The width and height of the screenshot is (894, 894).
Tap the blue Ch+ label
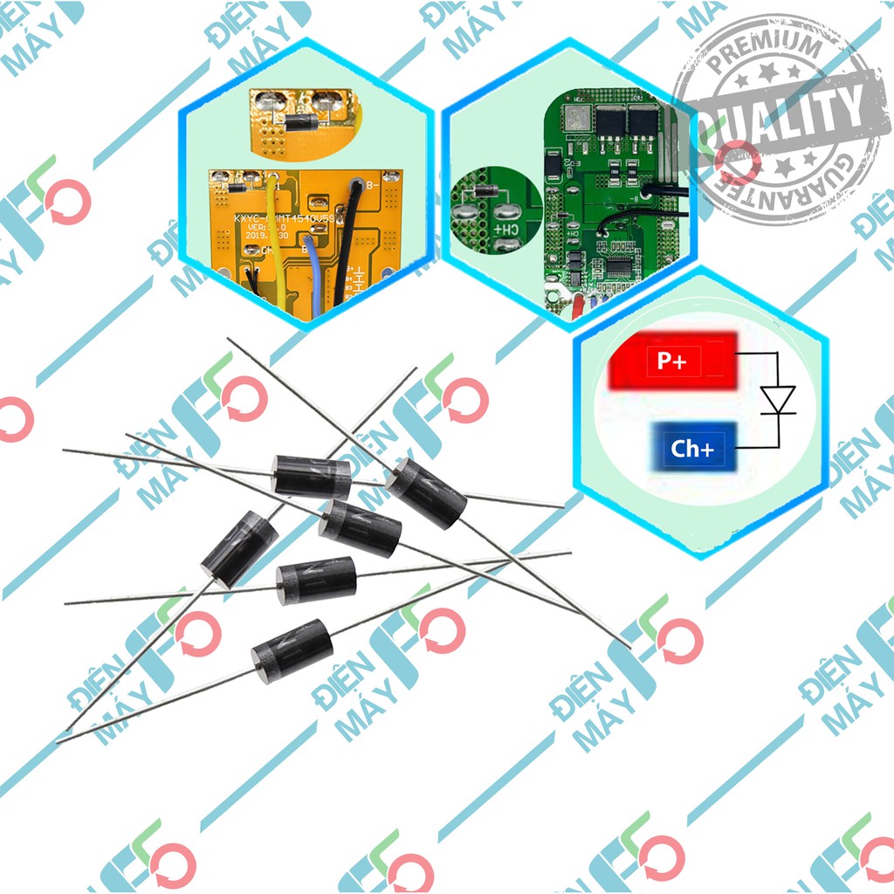692,449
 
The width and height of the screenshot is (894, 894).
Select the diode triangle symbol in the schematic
776,400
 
